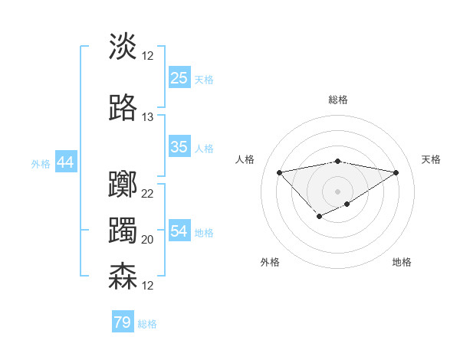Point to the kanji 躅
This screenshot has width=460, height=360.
123,231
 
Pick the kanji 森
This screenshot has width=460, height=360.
123,276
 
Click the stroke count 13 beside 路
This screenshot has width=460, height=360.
148,117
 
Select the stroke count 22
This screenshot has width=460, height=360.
148,193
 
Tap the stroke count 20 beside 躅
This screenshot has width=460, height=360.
148,239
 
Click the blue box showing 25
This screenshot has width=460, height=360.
179,78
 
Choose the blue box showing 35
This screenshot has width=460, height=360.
179,147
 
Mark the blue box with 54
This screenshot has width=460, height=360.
179,231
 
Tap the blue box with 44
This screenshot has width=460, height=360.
65,162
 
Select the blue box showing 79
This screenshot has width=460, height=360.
122,322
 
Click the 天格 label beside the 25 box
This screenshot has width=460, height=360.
204,79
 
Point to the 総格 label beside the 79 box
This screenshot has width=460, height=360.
147,324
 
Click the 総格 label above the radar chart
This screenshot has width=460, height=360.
337,100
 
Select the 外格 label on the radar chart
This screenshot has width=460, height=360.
270,262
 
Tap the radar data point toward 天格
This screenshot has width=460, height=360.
396,172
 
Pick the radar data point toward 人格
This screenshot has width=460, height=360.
279,172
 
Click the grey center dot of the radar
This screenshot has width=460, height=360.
337,191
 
